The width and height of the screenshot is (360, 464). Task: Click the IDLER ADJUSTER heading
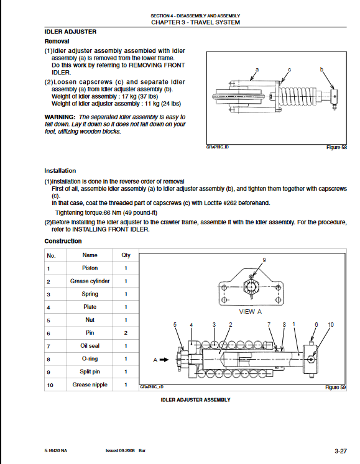click(x=70, y=32)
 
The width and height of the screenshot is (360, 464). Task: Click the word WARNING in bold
click(x=60, y=117)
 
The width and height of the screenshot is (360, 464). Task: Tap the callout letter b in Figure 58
click(x=321, y=70)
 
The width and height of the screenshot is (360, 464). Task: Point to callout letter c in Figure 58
click(x=290, y=70)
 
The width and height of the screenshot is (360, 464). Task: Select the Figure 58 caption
click(x=336, y=147)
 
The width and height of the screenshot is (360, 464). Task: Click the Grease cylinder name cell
click(x=90, y=281)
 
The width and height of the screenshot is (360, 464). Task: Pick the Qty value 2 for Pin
click(x=126, y=333)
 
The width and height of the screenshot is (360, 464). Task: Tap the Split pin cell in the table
click(x=90, y=371)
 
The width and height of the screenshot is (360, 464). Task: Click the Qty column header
click(x=126, y=255)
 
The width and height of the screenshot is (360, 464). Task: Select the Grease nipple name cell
click(x=90, y=384)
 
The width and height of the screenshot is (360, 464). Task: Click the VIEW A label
click(x=251, y=312)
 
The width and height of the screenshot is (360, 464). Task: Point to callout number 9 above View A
click(x=264, y=260)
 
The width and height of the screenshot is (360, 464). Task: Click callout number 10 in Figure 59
click(x=331, y=325)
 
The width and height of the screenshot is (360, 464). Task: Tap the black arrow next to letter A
click(x=164, y=360)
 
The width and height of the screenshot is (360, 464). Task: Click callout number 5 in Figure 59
click(x=175, y=325)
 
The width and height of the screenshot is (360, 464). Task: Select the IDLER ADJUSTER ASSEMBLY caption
click(x=196, y=400)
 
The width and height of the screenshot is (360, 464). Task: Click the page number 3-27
click(x=341, y=452)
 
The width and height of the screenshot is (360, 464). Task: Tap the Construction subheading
click(x=63, y=241)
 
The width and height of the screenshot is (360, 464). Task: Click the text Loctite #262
click(x=220, y=203)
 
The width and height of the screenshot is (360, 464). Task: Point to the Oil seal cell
click(x=90, y=345)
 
